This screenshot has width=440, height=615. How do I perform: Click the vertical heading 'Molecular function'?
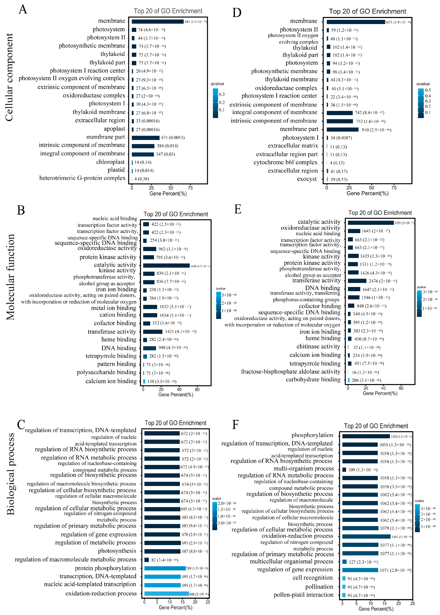[x=10, y=277]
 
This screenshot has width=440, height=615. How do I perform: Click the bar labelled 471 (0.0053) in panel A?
[x=145, y=138]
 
